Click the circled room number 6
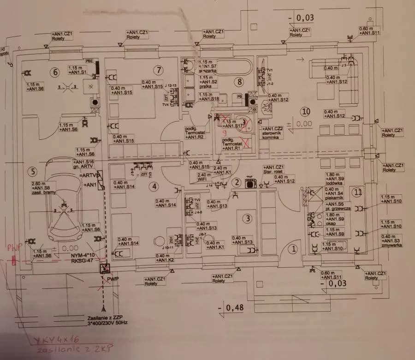coord(55,72)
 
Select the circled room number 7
coord(158,71)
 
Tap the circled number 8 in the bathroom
coord(238,82)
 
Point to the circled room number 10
coord(306,111)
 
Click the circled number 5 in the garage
coord(31,172)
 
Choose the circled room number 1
coord(293,249)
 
